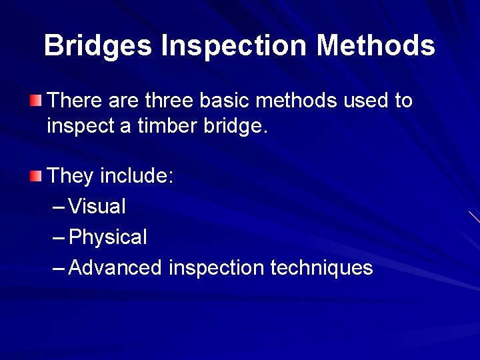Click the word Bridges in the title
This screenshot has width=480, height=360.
[98, 46]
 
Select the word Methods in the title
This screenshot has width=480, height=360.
[375, 46]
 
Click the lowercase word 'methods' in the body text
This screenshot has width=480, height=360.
[297, 101]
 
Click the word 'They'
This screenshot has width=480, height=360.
[71, 176]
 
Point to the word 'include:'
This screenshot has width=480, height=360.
[137, 176]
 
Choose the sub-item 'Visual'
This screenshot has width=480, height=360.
[97, 207]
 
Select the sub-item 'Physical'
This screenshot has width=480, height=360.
[108, 237]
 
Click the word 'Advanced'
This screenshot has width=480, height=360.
[115, 268]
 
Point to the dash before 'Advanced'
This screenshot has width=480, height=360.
[59, 269]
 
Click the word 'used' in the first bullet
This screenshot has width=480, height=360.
[366, 101]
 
